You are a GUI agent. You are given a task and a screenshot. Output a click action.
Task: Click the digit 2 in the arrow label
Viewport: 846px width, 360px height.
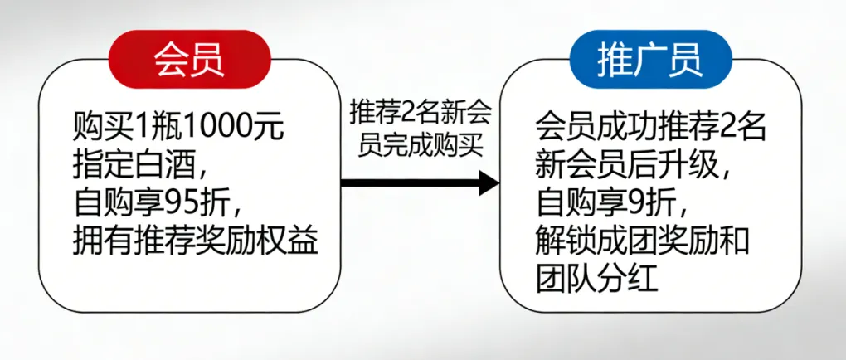[410, 110]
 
